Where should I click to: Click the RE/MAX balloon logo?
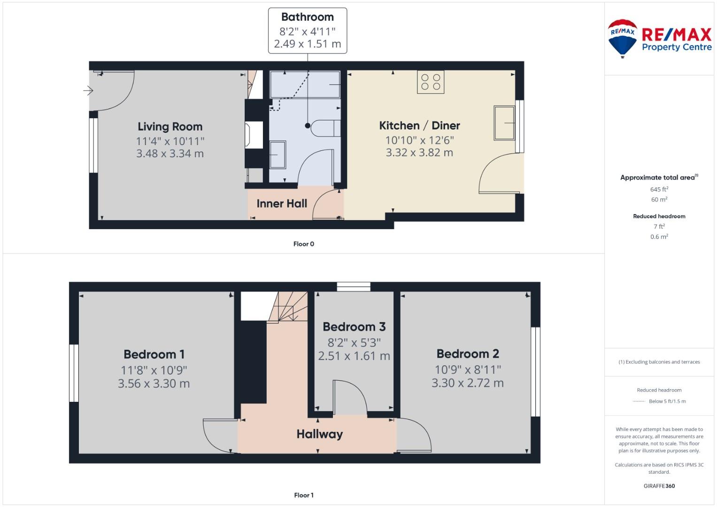(x=622, y=38)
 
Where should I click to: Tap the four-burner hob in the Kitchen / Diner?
(x=431, y=82)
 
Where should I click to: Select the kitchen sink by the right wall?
(x=504, y=123)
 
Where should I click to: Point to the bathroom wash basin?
(x=278, y=154)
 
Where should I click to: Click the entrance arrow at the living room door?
(x=88, y=91)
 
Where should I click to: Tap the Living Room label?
(x=170, y=127)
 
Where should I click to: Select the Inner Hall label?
(x=282, y=204)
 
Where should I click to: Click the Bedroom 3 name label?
(x=354, y=327)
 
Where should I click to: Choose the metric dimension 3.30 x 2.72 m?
(x=467, y=383)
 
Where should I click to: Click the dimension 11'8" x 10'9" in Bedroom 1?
(x=154, y=370)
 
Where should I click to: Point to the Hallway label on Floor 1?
(x=319, y=434)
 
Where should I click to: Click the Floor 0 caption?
(x=303, y=244)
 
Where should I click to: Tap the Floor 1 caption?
(x=303, y=495)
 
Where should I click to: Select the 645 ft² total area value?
(x=659, y=189)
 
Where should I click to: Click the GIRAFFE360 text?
(x=659, y=486)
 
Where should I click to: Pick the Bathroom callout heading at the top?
(x=307, y=17)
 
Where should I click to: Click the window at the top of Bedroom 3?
(x=354, y=286)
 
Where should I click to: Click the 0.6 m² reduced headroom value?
(x=659, y=237)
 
